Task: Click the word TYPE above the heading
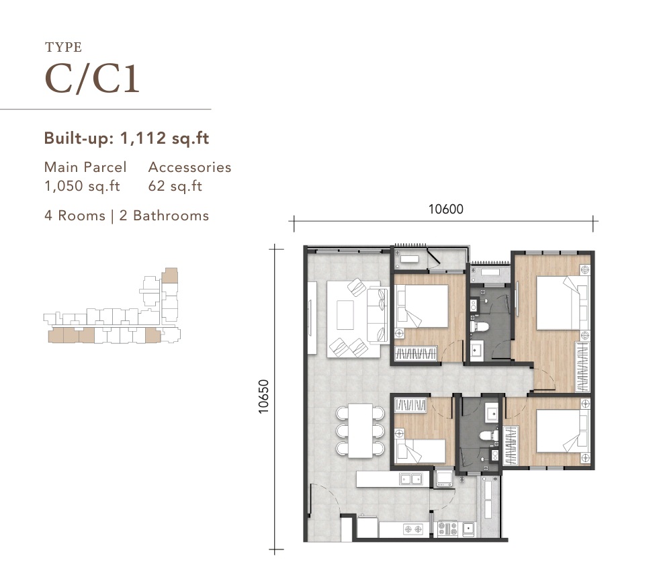[63, 47]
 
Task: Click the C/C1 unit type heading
[91, 79]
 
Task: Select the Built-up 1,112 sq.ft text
[126, 138]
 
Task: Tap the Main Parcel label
[85, 167]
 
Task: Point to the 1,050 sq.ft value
[82, 186]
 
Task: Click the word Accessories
[190, 167]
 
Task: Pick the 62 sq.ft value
[175, 186]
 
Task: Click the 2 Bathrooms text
[164, 216]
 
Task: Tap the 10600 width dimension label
[446, 209]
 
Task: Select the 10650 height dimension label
[263, 396]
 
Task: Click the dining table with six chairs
[361, 431]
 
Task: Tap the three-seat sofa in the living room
[378, 315]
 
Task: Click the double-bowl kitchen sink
[411, 480]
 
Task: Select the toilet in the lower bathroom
[489, 436]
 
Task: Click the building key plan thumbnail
[112, 306]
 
